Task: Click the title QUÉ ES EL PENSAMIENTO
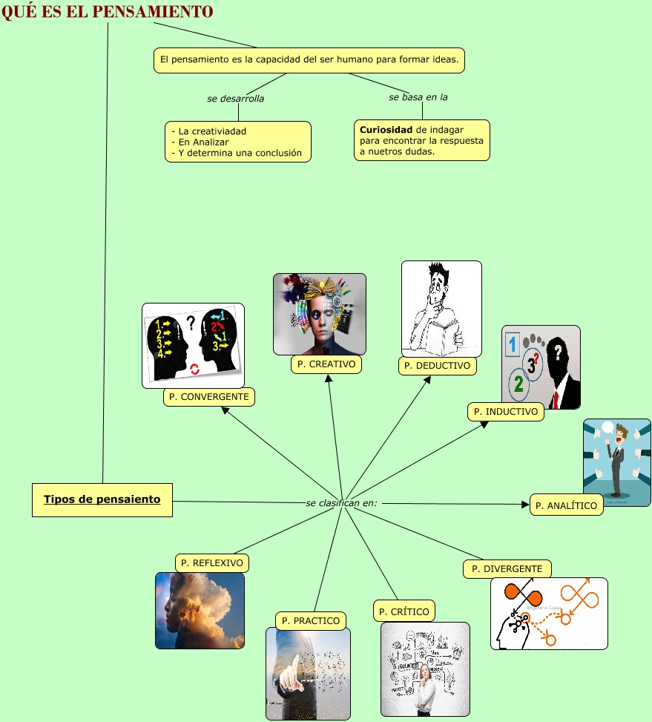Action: pyautogui.click(x=108, y=11)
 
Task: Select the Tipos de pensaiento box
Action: pyautogui.click(x=102, y=500)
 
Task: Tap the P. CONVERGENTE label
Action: pyautogui.click(x=209, y=397)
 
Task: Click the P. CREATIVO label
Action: pyautogui.click(x=326, y=364)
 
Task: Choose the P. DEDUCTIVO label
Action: pyautogui.click(x=437, y=366)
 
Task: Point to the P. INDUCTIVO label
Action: pyautogui.click(x=506, y=412)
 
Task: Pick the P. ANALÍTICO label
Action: pyautogui.click(x=567, y=505)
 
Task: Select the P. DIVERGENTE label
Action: pyautogui.click(x=507, y=568)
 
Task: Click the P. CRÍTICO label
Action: pyautogui.click(x=404, y=611)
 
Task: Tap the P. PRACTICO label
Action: pyautogui.click(x=311, y=620)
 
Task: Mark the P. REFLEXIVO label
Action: pyautogui.click(x=211, y=562)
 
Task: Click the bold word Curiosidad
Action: pyautogui.click(x=386, y=130)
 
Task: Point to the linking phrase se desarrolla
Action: pyautogui.click(x=236, y=99)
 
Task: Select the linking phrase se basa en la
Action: pyautogui.click(x=418, y=97)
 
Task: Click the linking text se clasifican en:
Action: pyautogui.click(x=341, y=503)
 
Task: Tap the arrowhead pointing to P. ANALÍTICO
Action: pyautogui.click(x=525, y=504)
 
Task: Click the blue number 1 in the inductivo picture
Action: pyautogui.click(x=512, y=344)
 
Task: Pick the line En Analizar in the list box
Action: pyautogui.click(x=200, y=142)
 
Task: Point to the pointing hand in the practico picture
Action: pyautogui.click(x=291, y=673)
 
